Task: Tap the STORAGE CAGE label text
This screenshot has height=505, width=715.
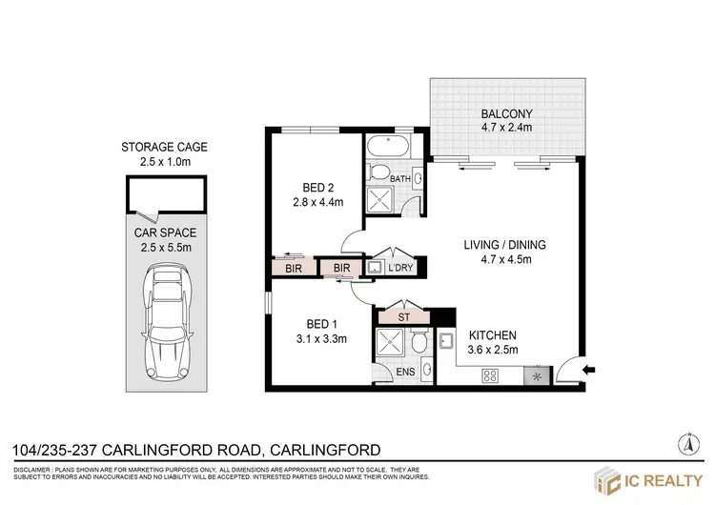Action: [164, 147]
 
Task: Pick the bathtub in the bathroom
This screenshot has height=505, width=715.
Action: [387, 148]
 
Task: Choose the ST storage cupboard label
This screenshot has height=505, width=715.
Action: [403, 315]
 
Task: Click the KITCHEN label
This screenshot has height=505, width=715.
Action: [492, 335]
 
